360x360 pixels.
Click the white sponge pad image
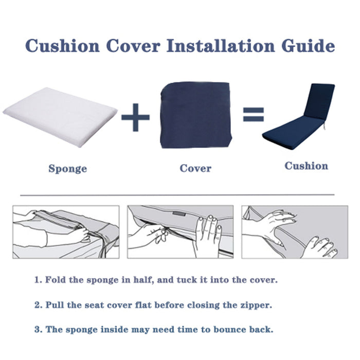pos(59,115)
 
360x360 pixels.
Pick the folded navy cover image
pos(195,115)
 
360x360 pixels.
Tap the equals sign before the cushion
pos(253,114)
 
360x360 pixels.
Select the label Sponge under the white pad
pos(67,169)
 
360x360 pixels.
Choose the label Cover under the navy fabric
pos(195,168)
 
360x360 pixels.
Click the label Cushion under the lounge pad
pos(306,166)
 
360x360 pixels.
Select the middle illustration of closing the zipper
pos(180,232)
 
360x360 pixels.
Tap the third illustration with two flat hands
pos(294,232)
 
